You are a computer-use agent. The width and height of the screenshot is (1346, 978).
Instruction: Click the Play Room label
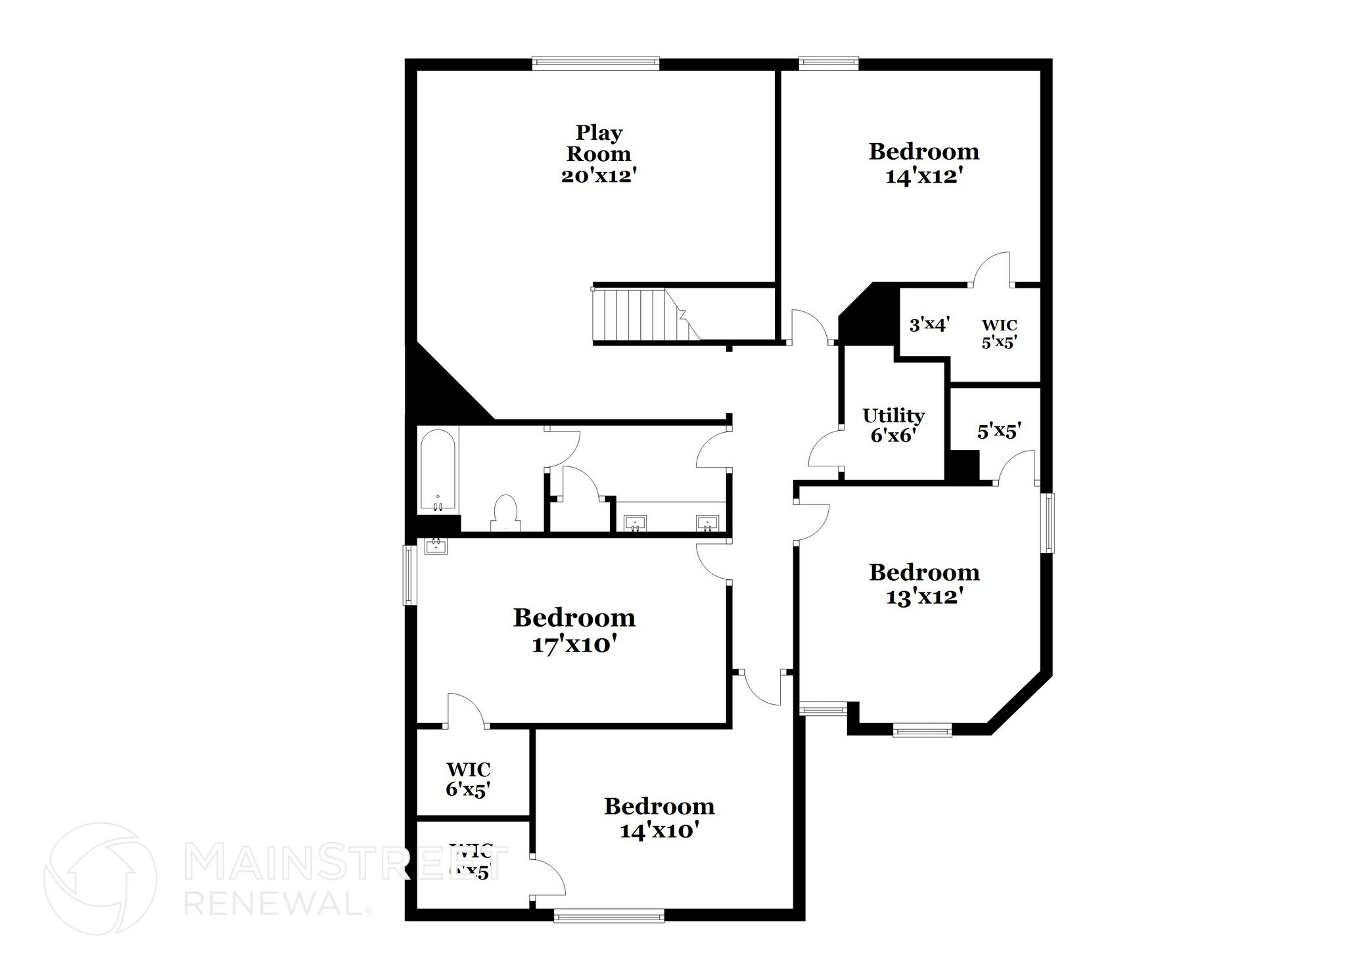coord(598,143)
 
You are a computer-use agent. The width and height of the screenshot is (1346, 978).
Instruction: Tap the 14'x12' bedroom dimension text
coord(923,177)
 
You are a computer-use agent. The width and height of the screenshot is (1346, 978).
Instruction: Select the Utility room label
coord(893,416)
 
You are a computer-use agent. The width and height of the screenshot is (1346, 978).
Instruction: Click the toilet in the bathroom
coord(505,512)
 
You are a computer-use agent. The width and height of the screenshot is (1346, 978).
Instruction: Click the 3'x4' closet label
coord(929,324)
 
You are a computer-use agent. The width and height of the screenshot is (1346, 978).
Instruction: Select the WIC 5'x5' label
coord(999,334)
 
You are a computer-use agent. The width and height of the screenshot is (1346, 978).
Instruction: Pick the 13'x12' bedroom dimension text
coord(924,597)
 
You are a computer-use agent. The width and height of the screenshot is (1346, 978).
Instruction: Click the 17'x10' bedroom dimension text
coord(574,644)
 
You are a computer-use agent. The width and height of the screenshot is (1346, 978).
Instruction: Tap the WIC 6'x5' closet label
coord(468,779)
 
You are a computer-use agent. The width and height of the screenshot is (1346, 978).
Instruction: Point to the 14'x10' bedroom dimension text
coord(659,831)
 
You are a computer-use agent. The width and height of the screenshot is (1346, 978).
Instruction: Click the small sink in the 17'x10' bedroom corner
coord(436,546)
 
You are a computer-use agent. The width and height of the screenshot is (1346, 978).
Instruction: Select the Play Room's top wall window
coord(595,63)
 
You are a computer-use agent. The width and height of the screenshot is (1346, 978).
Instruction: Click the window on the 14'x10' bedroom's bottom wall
coord(609,915)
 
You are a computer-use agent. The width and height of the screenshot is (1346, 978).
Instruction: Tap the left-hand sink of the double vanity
coord(634,523)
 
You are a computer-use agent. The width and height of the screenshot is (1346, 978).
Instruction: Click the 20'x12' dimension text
coord(598,176)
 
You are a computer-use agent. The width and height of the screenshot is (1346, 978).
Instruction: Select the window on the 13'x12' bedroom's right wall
coord(1048,523)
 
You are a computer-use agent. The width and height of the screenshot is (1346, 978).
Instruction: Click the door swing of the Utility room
coord(824,450)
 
